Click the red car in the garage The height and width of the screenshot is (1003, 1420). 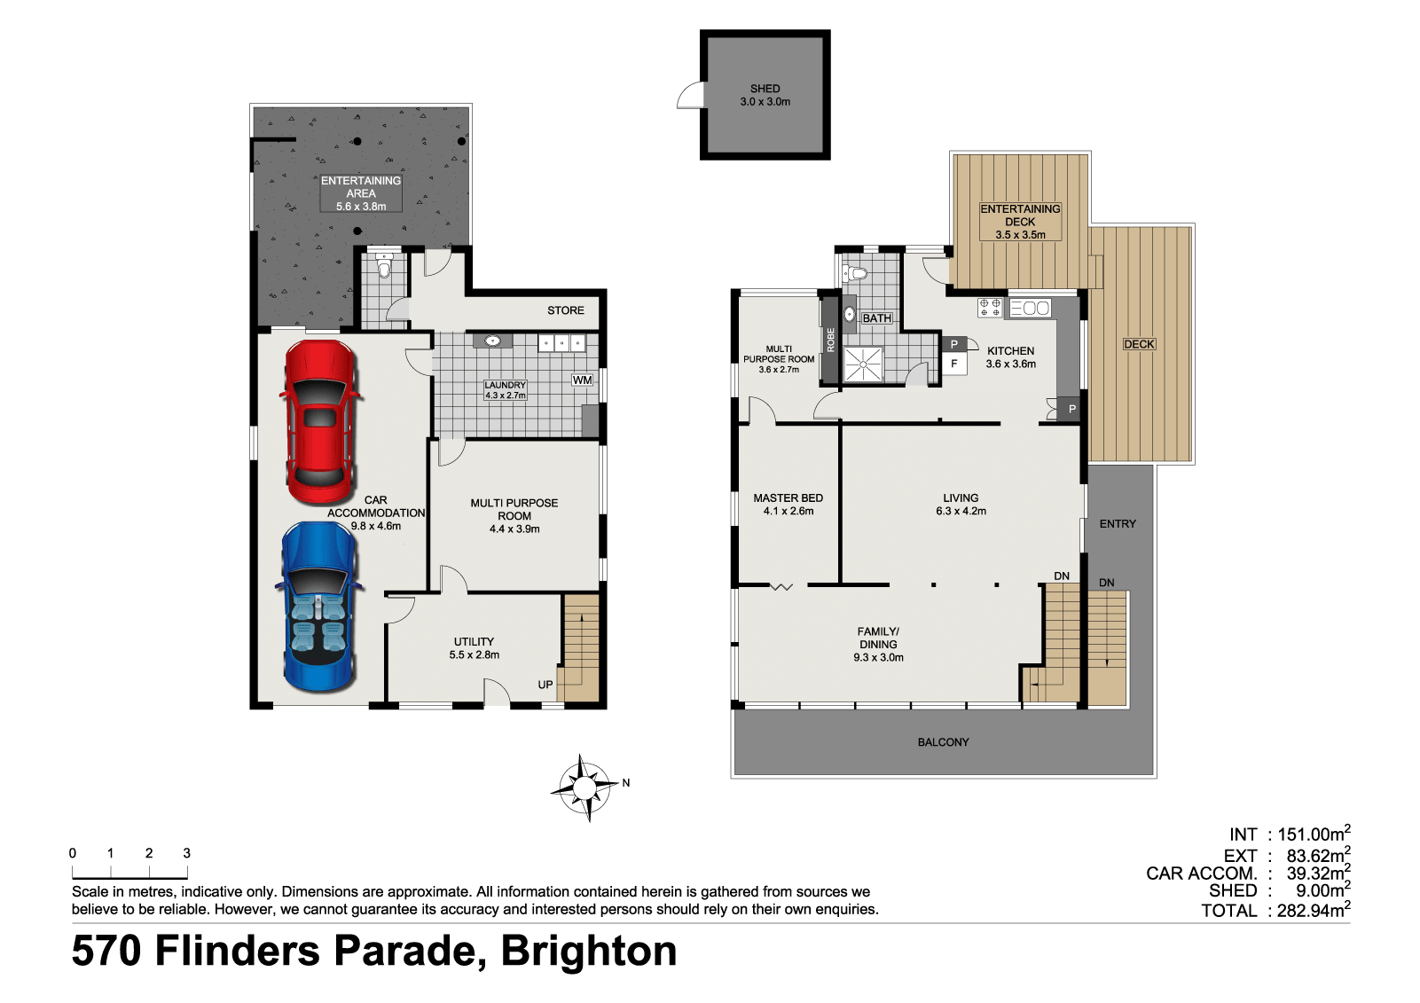(x=320, y=422)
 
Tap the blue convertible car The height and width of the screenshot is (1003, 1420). (x=319, y=607)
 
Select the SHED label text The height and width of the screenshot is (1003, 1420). (x=765, y=89)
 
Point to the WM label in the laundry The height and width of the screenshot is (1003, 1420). (x=582, y=380)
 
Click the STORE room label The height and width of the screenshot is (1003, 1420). (x=566, y=310)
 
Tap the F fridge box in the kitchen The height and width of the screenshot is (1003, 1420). (x=954, y=364)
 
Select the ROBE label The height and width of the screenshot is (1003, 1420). (x=830, y=340)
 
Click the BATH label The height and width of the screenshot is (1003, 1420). (x=876, y=318)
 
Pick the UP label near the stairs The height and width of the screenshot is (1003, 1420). (x=545, y=685)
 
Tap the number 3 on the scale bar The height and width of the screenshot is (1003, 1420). (x=186, y=853)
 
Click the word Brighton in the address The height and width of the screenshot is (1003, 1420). (x=589, y=951)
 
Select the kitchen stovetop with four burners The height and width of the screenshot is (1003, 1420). (x=990, y=308)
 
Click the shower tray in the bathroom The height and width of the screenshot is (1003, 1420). (x=863, y=364)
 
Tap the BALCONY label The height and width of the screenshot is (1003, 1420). (x=944, y=741)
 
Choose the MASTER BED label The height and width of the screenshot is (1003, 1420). (x=788, y=498)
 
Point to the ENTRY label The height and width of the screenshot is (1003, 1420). (x=1118, y=524)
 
